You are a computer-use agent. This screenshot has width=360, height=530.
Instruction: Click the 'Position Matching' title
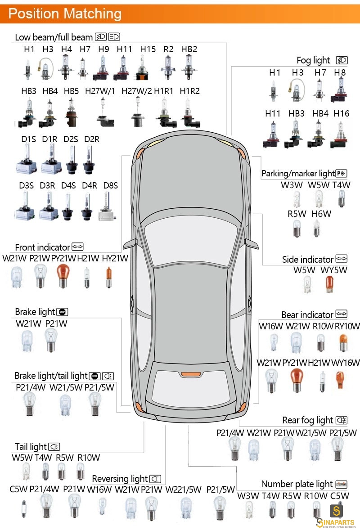[x=65, y=13]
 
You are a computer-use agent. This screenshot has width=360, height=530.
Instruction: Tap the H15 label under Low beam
[x=148, y=49]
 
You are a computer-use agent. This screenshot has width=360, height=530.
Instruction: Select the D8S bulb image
[x=108, y=206]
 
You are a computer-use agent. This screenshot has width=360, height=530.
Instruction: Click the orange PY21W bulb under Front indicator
[x=63, y=276]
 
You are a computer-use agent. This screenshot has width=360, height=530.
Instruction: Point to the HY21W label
[x=115, y=259]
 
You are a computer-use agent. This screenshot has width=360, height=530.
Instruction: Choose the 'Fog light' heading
[x=313, y=60]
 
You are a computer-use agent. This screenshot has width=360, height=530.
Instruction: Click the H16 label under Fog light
[x=342, y=113]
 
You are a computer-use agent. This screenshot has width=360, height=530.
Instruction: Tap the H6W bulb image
[x=316, y=228]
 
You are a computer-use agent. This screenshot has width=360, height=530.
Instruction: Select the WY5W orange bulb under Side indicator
[x=329, y=284]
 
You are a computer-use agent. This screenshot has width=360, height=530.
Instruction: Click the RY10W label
[x=347, y=327]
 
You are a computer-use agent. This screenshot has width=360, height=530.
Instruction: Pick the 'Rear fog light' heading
[x=308, y=420]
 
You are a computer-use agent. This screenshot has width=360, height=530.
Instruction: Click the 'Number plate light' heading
[x=297, y=484]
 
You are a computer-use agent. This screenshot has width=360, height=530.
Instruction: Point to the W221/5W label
[x=183, y=490]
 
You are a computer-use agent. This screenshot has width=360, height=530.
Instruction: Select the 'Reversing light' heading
[x=120, y=479]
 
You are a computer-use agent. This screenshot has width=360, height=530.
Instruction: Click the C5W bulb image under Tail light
[x=24, y=509]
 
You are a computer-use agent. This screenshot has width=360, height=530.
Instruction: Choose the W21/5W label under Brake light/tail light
[x=66, y=387]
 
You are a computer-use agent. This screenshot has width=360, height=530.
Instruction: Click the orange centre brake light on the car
[x=191, y=374]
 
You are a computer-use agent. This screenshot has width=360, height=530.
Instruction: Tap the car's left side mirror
[x=130, y=243]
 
